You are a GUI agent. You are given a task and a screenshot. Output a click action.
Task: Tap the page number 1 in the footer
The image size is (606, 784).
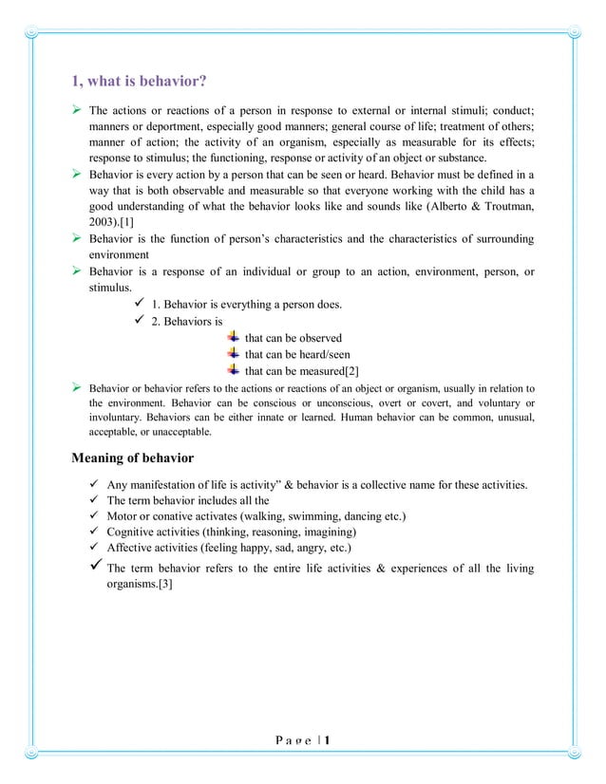point(327,739)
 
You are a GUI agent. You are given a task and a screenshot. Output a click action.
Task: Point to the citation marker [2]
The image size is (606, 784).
point(350,370)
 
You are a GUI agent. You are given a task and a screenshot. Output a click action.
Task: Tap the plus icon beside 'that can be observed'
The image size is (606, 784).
point(234,337)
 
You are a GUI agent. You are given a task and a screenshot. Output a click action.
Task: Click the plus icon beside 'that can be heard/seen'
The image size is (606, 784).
point(234,353)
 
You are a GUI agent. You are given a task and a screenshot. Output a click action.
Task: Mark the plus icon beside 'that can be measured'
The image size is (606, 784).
point(234,369)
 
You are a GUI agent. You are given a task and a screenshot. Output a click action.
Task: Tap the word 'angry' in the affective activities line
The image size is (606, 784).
point(297,548)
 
